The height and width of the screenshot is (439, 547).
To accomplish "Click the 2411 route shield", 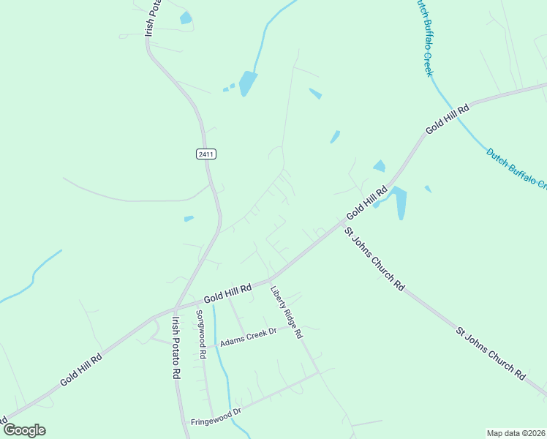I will coord(206,154).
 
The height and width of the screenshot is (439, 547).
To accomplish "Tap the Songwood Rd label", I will coord(200,334).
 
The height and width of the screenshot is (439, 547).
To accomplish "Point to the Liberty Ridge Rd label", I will coord(286,312).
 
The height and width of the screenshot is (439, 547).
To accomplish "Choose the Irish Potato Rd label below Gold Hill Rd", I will coord(176,347).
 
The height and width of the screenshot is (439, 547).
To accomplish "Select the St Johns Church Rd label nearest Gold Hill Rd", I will coord(374,260).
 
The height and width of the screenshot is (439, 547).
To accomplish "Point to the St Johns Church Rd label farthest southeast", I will coord(491,353).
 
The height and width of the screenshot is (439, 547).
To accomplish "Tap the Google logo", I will coord(23,430).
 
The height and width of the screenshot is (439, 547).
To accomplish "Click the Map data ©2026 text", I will coord(516,432).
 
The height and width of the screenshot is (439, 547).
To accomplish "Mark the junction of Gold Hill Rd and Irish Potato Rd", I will coord(175,308).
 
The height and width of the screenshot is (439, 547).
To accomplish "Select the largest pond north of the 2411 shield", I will coord(248,83).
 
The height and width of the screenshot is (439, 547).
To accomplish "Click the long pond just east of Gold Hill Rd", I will coord(399,201).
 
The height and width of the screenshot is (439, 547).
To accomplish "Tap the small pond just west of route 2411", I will coord(189,218).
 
